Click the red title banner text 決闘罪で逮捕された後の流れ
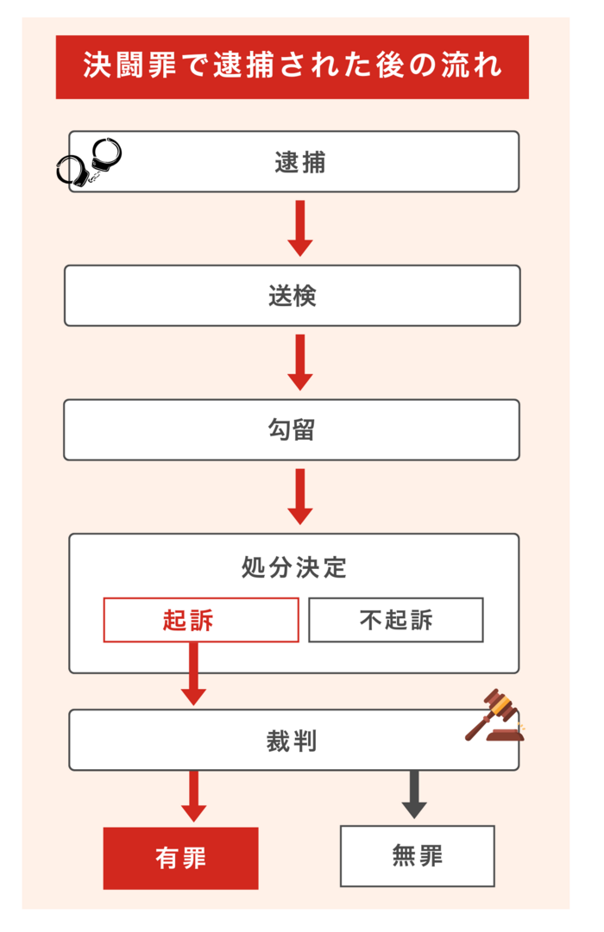(293, 65)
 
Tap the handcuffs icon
(89, 161)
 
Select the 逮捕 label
(300, 162)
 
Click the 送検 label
(293, 296)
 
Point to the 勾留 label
(292, 429)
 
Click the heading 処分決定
(294, 567)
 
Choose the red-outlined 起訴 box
(201, 620)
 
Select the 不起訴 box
(396, 620)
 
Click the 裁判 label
(292, 741)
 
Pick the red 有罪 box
(181, 859)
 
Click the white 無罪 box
(417, 856)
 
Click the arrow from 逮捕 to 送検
(300, 228)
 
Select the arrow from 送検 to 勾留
(300, 362)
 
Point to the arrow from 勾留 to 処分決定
(300, 497)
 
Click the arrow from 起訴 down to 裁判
(193, 674)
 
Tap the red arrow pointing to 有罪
(193, 797)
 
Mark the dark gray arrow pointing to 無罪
(414, 795)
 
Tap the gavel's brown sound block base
(506, 735)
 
